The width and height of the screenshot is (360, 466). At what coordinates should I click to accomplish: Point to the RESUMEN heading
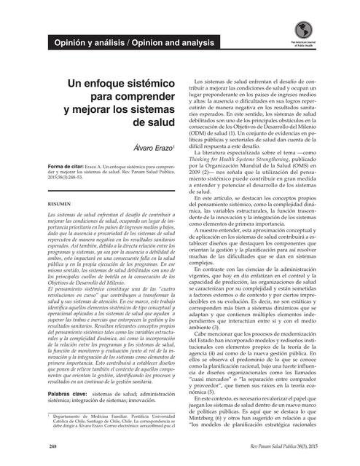tap(58, 206)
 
